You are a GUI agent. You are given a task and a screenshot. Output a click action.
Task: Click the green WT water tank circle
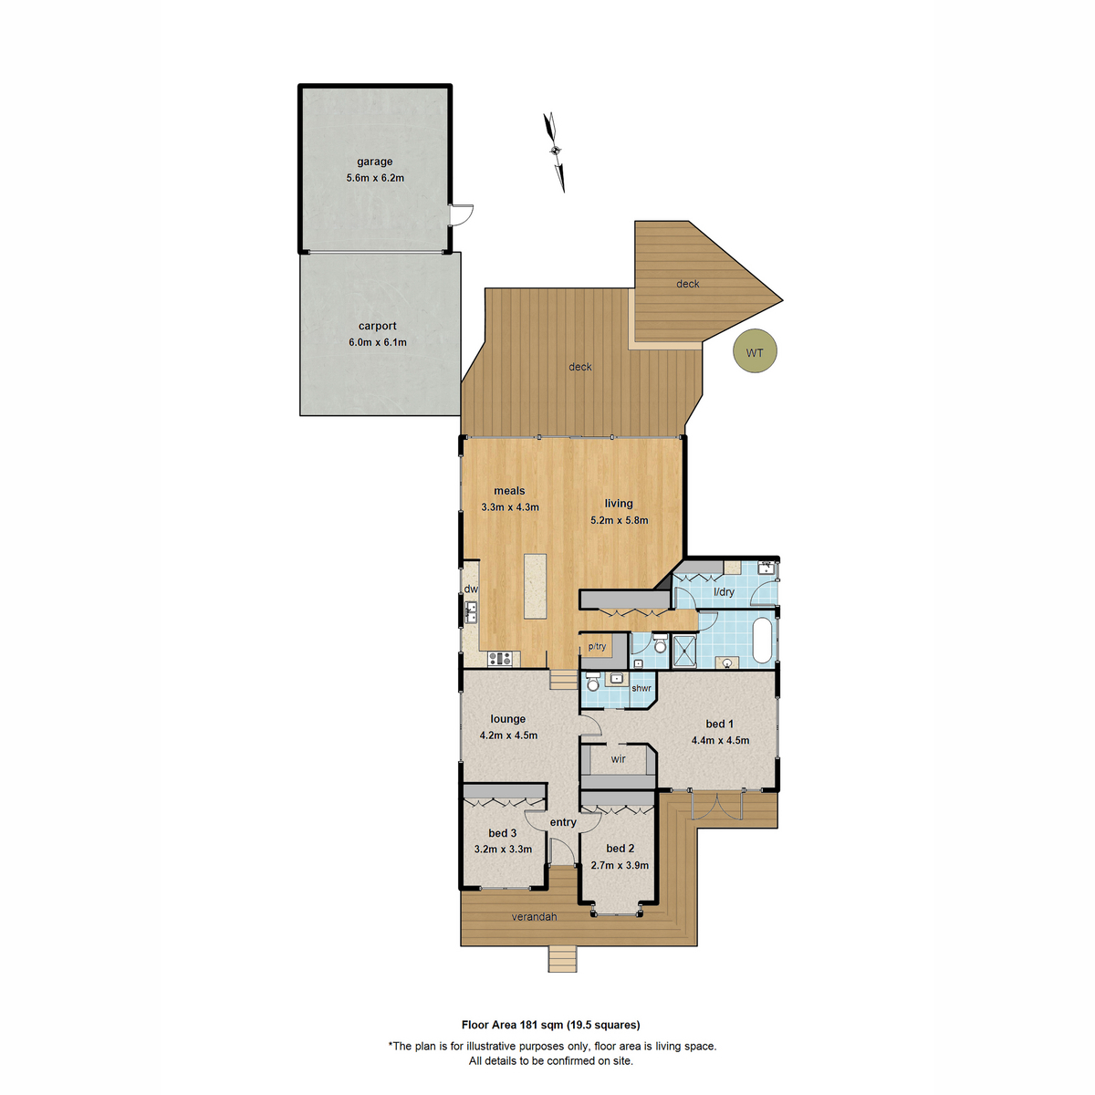click(755, 352)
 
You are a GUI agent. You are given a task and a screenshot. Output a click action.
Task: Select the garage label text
click(374, 162)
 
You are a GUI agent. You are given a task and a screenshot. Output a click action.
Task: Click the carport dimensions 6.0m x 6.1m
click(377, 342)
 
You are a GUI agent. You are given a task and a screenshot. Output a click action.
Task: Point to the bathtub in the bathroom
click(762, 641)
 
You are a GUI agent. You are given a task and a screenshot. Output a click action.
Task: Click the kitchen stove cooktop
click(498, 658)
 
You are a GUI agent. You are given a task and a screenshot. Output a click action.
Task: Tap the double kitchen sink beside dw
click(471, 611)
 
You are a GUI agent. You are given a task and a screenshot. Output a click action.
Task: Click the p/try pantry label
click(597, 647)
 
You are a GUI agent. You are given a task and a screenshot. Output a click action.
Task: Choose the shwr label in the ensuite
click(641, 688)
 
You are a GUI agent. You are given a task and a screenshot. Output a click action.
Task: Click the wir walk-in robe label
click(618, 758)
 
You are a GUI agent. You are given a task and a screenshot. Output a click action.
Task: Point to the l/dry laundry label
click(724, 592)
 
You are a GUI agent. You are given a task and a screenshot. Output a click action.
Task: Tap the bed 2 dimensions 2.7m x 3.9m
click(620, 865)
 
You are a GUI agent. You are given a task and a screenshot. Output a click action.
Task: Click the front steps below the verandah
click(563, 959)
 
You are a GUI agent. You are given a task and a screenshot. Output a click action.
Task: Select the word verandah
click(534, 916)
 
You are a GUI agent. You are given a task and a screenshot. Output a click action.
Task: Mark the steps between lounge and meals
click(563, 680)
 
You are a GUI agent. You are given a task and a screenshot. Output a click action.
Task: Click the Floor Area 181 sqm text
click(550, 1025)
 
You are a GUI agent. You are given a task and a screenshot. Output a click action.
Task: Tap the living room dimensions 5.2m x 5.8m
click(619, 520)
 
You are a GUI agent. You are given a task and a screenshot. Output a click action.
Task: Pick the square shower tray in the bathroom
click(683, 651)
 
